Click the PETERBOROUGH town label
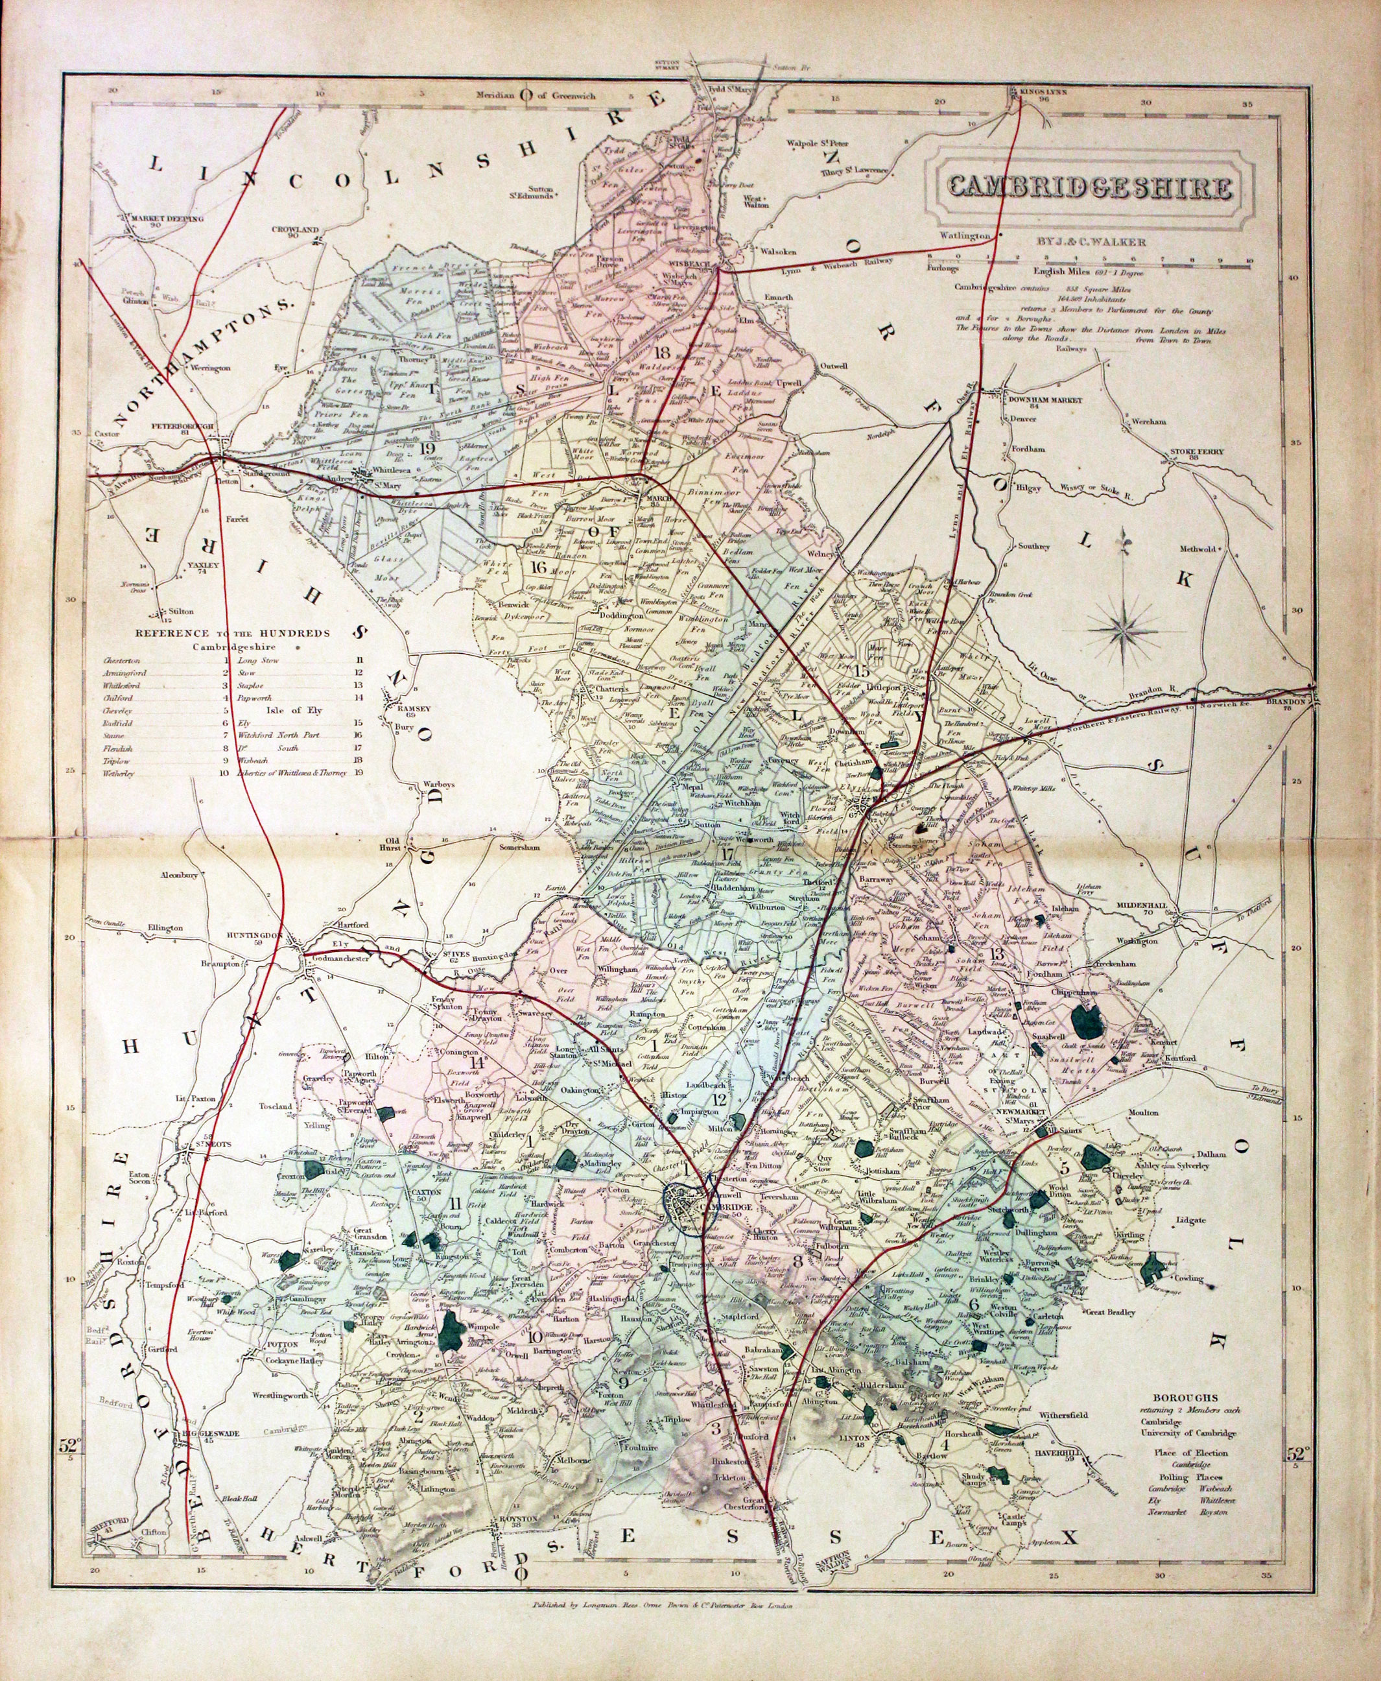point(183,427)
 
